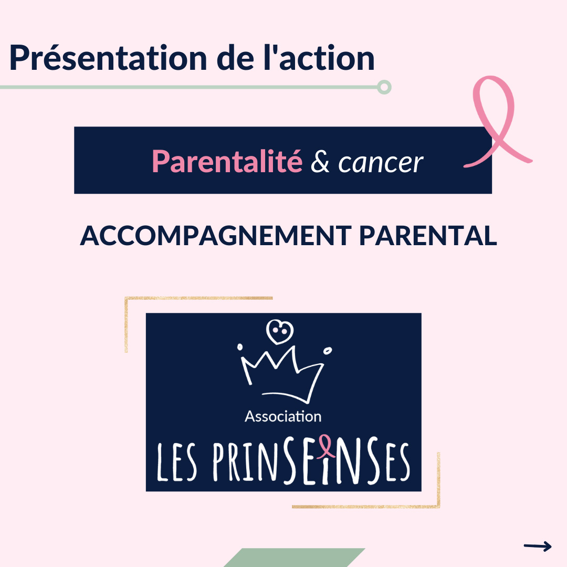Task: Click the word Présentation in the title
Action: tap(108, 58)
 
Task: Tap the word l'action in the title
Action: tap(319, 57)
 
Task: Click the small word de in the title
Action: tap(235, 57)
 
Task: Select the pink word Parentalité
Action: tap(227, 161)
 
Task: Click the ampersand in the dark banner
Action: tap(320, 162)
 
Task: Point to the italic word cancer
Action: tap(381, 163)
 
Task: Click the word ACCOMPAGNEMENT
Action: tap(216, 236)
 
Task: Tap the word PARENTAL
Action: tap(428, 236)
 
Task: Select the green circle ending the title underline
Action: tap(384, 87)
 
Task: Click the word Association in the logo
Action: tap(283, 416)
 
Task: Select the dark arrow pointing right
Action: tap(538, 546)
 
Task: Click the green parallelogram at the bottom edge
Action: tap(295, 558)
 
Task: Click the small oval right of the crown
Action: tap(328, 351)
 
